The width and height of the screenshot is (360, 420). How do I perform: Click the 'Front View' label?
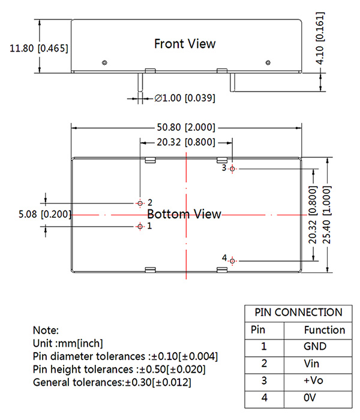pyautogui.click(x=185, y=44)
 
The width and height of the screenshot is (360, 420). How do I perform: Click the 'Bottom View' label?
pyautogui.click(x=184, y=214)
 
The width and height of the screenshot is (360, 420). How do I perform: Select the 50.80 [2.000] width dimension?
pyautogui.click(x=185, y=128)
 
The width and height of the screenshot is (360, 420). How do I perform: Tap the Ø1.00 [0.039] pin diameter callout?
pyautogui.click(x=185, y=97)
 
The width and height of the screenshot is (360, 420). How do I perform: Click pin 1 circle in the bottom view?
pyautogui.click(x=140, y=226)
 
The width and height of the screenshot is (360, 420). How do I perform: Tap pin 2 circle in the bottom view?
pyautogui.click(x=140, y=202)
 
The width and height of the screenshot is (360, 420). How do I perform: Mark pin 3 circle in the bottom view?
pyautogui.click(x=233, y=169)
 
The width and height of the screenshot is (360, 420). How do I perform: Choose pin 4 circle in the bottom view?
pyautogui.click(x=233, y=260)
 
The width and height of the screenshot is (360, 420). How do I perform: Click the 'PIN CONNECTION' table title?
pyautogui.click(x=298, y=313)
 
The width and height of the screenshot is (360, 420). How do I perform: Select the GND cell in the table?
pyautogui.click(x=315, y=346)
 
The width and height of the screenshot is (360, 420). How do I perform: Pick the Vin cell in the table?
pyautogui.click(x=315, y=364)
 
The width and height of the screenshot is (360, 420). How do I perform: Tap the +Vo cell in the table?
pyautogui.click(x=315, y=381)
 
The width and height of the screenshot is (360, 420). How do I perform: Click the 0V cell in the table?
pyautogui.click(x=315, y=398)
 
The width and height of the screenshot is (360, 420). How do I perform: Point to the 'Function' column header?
pyautogui.click(x=325, y=329)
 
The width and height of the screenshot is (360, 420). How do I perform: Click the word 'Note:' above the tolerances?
pyautogui.click(x=46, y=331)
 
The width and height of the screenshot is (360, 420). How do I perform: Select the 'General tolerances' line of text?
pyautogui.click(x=112, y=382)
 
